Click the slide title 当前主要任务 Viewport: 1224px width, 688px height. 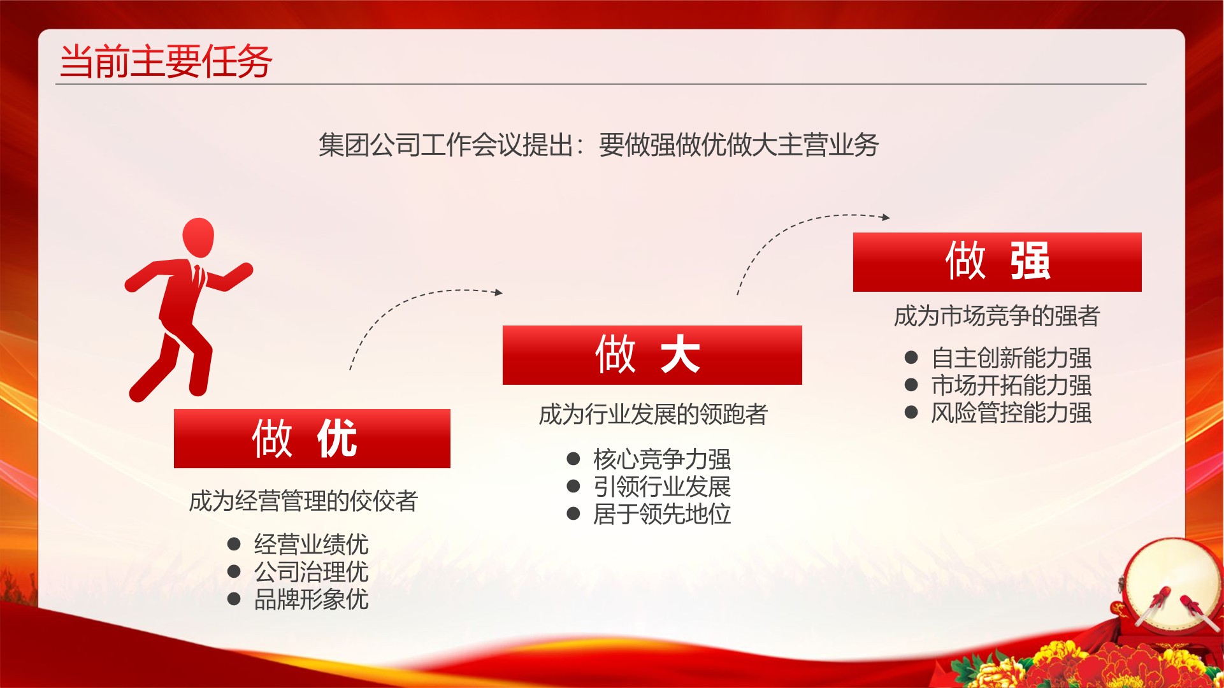(166, 62)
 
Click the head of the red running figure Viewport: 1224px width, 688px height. (198, 238)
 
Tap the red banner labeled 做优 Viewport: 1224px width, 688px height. (312, 438)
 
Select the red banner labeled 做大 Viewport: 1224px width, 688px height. (652, 355)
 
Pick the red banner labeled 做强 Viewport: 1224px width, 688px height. (997, 262)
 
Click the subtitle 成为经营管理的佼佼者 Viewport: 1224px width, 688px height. (303, 501)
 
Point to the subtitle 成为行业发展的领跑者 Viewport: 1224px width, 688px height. (653, 414)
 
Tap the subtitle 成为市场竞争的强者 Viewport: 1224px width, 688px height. (997, 315)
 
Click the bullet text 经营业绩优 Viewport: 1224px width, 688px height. (311, 544)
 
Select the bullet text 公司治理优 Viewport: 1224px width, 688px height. (311, 571)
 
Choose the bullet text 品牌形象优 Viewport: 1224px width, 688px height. (311, 599)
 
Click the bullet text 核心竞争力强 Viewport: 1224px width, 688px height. (662, 459)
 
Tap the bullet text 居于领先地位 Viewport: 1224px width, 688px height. (662, 513)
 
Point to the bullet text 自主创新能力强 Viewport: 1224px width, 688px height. (1011, 357)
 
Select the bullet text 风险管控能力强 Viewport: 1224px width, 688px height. (1011, 412)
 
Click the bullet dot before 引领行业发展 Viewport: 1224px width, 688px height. (573, 487)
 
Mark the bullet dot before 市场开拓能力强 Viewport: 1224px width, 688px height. (911, 385)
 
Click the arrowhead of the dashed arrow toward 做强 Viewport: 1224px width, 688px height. (886, 217)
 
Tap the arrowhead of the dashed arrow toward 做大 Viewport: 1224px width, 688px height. (499, 292)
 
